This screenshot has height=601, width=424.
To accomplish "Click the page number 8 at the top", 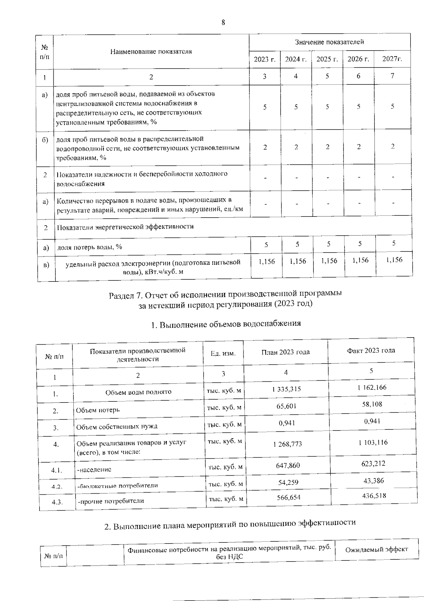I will (x=223, y=23).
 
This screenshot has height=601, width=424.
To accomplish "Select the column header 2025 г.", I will (x=327, y=59).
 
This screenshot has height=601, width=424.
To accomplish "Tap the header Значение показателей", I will (x=329, y=42).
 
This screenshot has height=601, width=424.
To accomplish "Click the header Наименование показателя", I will (x=151, y=52).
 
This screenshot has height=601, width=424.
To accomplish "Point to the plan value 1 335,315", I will (x=287, y=389).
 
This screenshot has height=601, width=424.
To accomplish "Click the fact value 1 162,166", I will (x=372, y=387).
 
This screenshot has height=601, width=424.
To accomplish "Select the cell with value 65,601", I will (x=287, y=406).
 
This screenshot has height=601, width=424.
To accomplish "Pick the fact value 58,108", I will (x=372, y=404).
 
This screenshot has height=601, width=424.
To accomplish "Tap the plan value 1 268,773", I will (x=288, y=444).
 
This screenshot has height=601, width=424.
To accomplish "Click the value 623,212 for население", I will (x=373, y=464).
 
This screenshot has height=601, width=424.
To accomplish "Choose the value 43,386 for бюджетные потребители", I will (x=373, y=481).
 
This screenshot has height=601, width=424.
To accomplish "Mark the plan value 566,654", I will (x=289, y=497).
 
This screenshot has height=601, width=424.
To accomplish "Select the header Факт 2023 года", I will (x=371, y=351).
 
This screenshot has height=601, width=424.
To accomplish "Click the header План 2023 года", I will (x=285, y=352).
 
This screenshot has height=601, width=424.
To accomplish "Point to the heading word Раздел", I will (x=122, y=295).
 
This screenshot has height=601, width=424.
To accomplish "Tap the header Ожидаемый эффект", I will (x=377, y=549).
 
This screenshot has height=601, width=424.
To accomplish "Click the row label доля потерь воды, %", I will (x=90, y=247).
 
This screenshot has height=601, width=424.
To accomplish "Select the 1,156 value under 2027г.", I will (x=394, y=260).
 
